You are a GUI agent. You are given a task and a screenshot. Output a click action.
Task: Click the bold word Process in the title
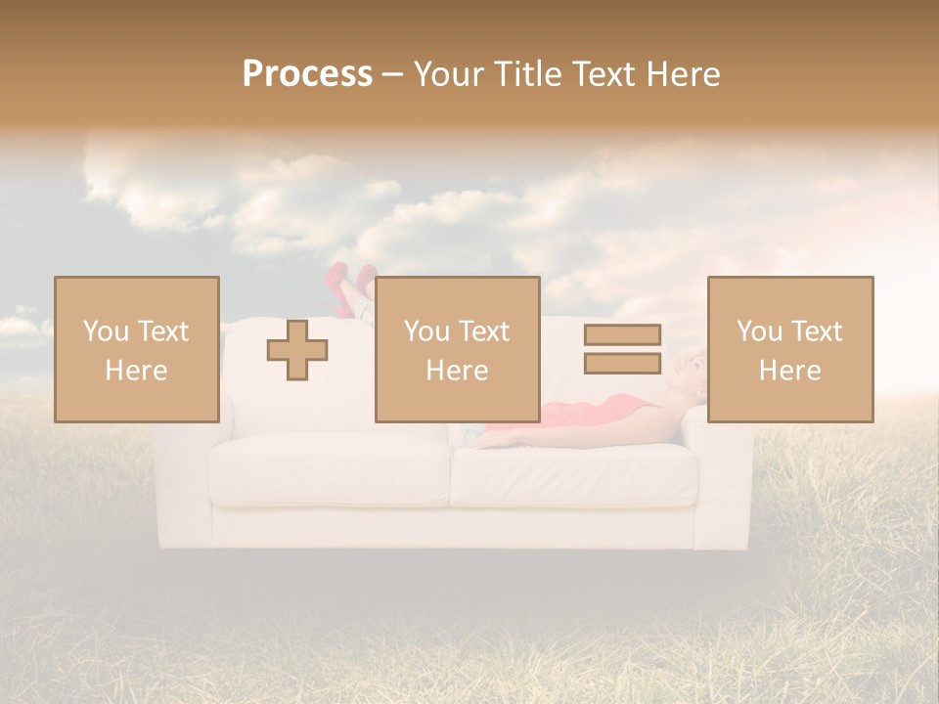pos(307,74)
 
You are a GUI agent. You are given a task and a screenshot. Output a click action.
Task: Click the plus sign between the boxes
pos(297,350)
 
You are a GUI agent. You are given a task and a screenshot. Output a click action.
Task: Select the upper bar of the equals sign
pos(622,334)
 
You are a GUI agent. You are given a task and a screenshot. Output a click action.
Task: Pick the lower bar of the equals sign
pos(622,363)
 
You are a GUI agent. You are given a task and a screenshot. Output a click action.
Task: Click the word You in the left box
pos(104,331)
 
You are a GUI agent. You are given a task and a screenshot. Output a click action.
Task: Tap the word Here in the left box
pos(136,371)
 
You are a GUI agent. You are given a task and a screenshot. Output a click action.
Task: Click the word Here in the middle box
pos(457,371)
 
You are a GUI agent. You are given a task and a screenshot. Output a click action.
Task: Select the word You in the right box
pos(759,331)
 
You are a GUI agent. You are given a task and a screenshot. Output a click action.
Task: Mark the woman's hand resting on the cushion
pos(485,442)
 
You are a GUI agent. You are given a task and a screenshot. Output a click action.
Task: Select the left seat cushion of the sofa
pos(331,472)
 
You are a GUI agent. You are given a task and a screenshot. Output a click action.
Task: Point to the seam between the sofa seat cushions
pos(449,474)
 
